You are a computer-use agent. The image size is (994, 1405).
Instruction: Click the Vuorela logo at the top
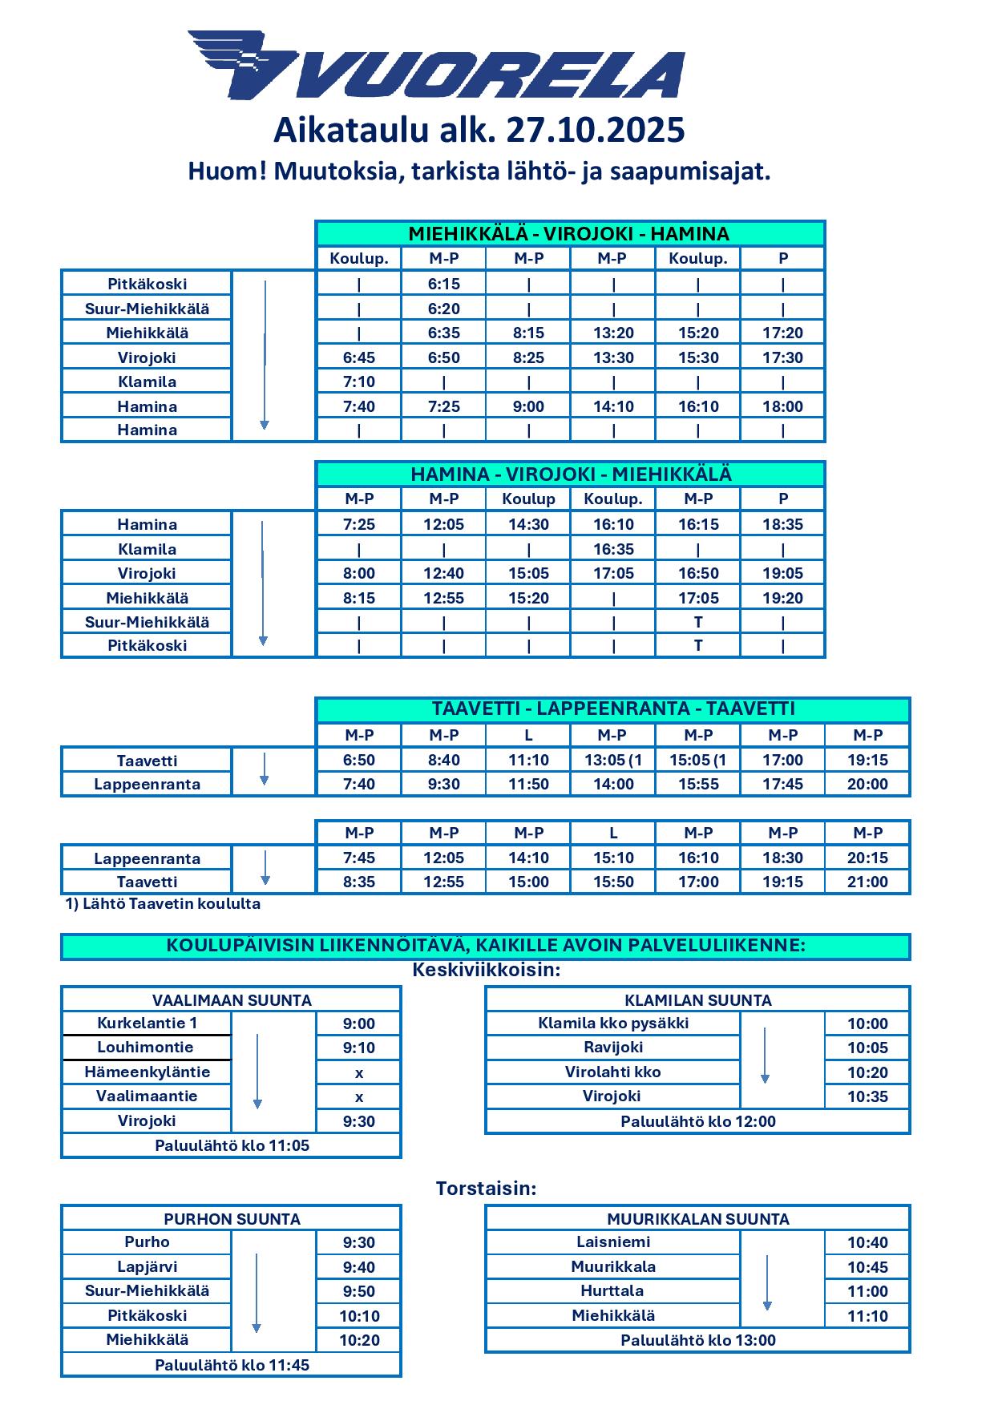[437, 66]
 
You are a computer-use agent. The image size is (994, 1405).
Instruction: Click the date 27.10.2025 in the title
[595, 130]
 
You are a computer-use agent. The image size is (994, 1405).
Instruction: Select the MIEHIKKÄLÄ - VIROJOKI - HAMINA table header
[569, 234]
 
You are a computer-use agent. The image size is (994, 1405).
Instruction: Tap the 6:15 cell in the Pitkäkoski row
[443, 284]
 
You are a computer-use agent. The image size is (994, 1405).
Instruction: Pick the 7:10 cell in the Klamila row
[358, 382]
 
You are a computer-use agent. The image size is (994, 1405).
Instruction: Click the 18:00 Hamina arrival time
[782, 406]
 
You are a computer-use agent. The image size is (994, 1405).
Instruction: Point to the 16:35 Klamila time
[613, 549]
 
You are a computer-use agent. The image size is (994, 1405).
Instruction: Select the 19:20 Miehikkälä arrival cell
[782, 598]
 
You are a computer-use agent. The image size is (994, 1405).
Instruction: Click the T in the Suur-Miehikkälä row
[698, 622]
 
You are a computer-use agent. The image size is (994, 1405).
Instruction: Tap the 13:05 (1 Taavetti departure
[613, 760]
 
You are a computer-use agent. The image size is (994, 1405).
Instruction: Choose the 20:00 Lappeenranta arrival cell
[867, 784]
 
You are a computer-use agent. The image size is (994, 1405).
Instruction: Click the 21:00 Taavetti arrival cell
[867, 882]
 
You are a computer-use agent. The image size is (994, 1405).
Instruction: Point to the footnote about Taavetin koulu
[163, 903]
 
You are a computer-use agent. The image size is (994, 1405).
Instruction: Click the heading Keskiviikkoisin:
[486, 970]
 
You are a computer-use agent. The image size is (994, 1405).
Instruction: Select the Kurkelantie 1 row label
[147, 1023]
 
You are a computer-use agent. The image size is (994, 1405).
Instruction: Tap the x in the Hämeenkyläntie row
[358, 1072]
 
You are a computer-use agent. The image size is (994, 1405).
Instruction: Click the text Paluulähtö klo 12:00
[697, 1121]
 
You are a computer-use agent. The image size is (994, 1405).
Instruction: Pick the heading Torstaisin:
[486, 1188]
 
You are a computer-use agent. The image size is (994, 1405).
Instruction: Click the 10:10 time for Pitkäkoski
[358, 1315]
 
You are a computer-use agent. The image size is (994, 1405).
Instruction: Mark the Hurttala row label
[612, 1290]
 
